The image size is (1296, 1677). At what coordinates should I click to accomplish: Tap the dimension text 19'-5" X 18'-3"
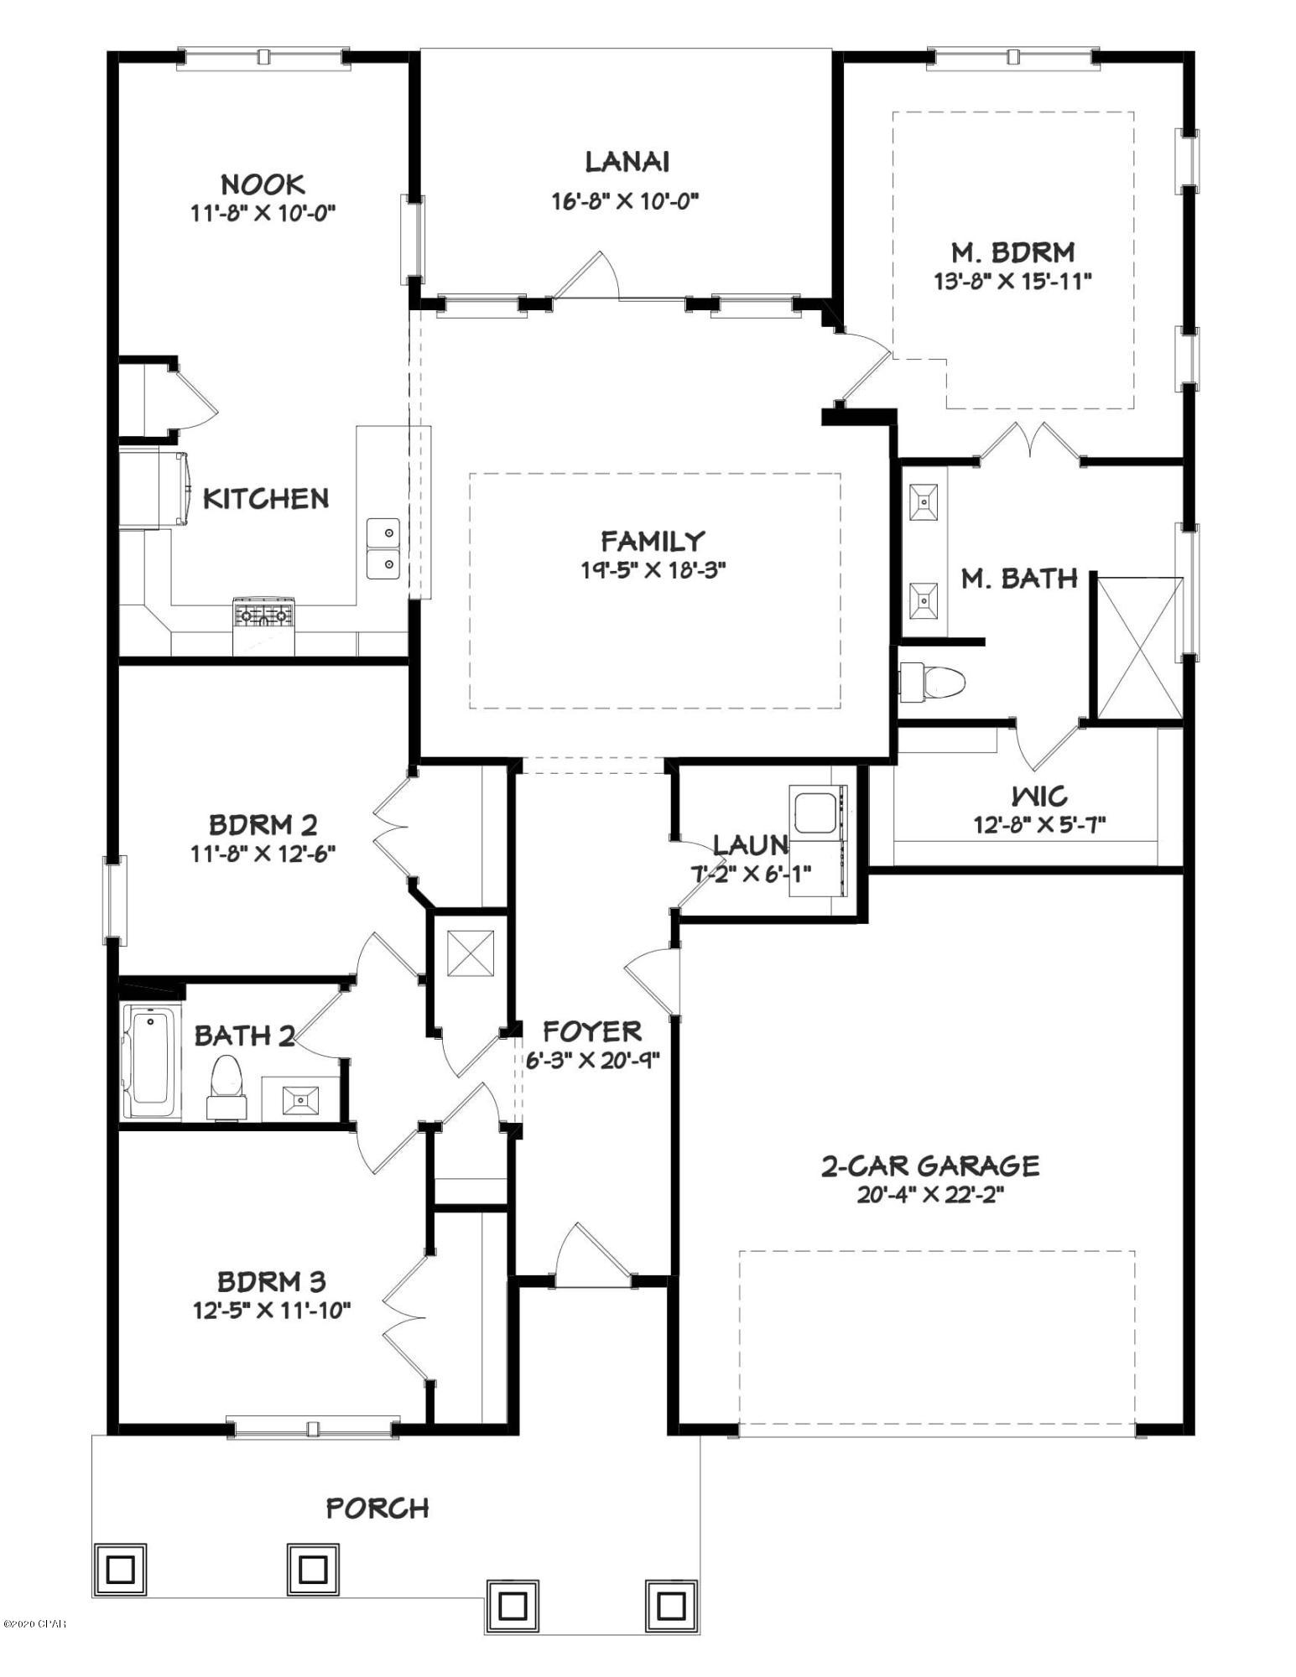point(653,570)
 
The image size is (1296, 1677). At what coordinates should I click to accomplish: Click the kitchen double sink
point(383,548)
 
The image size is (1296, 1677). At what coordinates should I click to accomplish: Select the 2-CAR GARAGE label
point(929,1166)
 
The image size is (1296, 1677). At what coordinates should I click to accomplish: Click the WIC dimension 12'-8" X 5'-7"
point(1039,824)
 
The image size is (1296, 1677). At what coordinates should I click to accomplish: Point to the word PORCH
point(377,1508)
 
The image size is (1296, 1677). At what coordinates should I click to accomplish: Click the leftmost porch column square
point(119,1567)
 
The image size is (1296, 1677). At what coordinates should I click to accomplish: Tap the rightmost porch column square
point(670,1605)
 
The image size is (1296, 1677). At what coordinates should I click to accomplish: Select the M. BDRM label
point(1012,252)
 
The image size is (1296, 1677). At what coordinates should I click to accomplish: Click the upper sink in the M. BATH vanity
point(924,502)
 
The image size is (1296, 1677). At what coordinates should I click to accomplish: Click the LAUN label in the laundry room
point(749,843)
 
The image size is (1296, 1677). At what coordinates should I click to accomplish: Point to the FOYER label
point(592,1031)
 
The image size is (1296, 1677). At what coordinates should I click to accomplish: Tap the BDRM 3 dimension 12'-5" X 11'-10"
point(271,1310)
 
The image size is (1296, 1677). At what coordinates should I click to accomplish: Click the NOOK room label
point(263,184)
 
